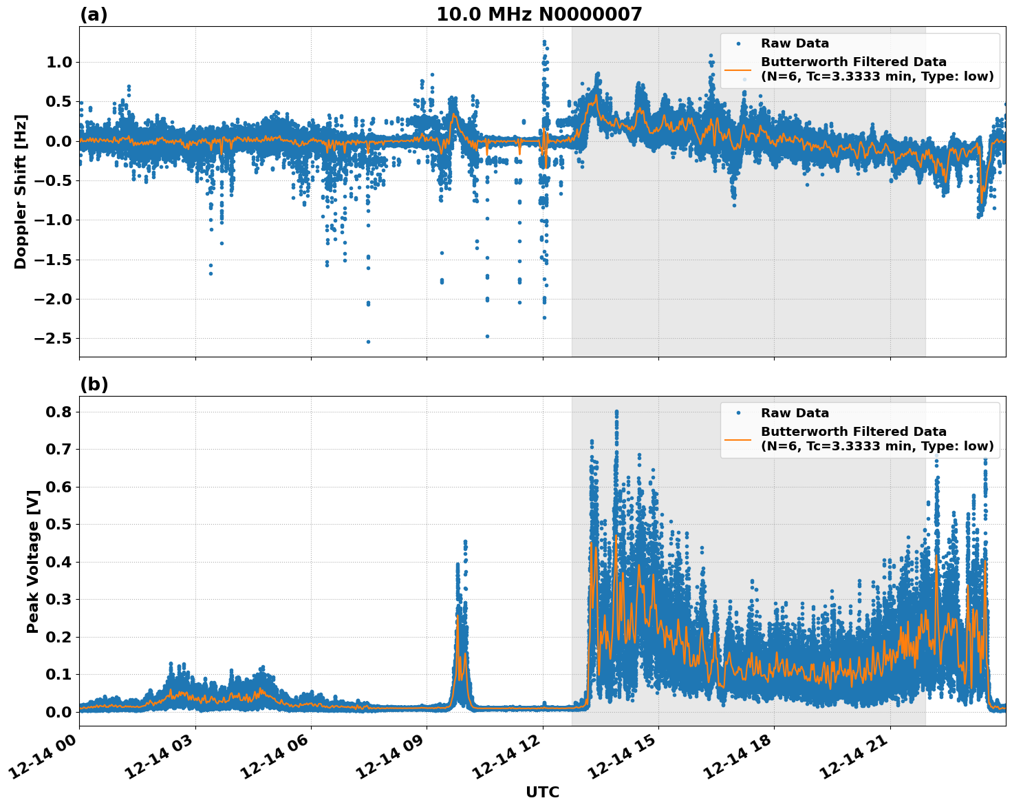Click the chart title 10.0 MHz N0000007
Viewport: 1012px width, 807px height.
(539, 14)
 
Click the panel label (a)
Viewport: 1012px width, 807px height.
(94, 14)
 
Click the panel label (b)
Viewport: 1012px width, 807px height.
(94, 384)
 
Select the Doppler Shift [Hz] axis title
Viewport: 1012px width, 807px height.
(21, 191)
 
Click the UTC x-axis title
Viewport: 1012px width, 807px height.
(542, 793)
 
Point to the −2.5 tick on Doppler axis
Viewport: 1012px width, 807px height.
(49, 339)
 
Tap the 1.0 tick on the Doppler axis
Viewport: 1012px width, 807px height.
(58, 63)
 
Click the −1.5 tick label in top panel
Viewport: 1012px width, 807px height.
(49, 260)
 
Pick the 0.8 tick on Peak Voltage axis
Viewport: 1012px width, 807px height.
(58, 412)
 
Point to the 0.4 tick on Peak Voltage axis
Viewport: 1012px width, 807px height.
(58, 562)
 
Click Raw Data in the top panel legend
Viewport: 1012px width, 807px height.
(795, 44)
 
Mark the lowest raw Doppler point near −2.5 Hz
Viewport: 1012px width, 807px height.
(368, 342)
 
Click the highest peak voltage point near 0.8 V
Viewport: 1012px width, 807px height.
(616, 412)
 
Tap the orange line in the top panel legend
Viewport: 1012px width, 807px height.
(738, 70)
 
